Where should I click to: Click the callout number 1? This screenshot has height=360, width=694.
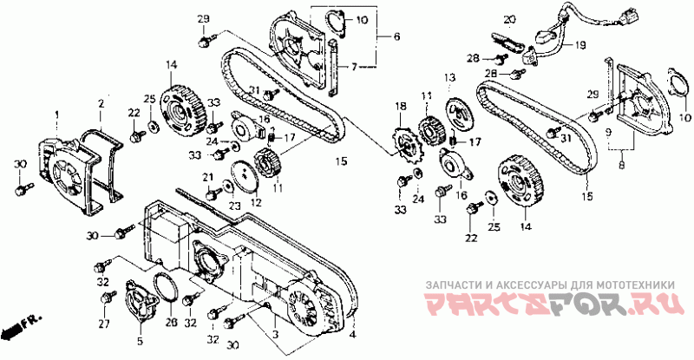pos(58,115)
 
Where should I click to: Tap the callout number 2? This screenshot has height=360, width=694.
pos(101,103)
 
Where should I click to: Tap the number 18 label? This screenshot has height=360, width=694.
pos(401,106)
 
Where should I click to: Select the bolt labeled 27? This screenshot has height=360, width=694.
pos(108,299)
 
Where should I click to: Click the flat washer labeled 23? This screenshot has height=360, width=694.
pos(227,184)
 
